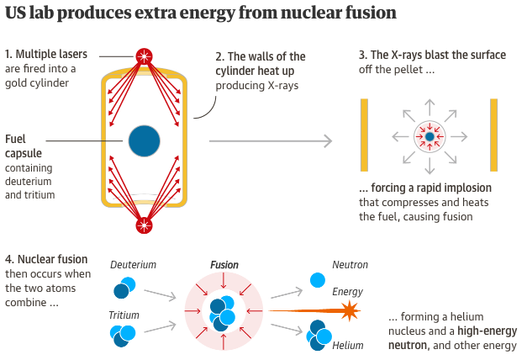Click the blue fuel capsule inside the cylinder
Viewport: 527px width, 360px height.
point(145,140)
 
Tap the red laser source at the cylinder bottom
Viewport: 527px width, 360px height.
point(145,225)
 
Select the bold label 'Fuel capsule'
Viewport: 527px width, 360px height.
point(24,146)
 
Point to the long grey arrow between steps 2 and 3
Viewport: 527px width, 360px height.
point(269,142)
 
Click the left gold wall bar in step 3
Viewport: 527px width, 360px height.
point(364,136)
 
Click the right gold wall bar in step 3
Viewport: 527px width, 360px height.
point(494,136)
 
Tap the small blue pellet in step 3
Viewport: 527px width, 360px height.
point(429,135)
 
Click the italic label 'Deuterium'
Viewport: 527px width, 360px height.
point(133,265)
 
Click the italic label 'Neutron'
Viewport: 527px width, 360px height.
point(350,265)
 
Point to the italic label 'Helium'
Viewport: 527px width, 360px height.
point(348,346)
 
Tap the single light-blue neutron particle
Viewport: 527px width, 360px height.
point(318,279)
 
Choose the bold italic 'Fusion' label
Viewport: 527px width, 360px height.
point(224,265)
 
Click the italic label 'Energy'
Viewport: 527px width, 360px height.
point(347,292)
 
